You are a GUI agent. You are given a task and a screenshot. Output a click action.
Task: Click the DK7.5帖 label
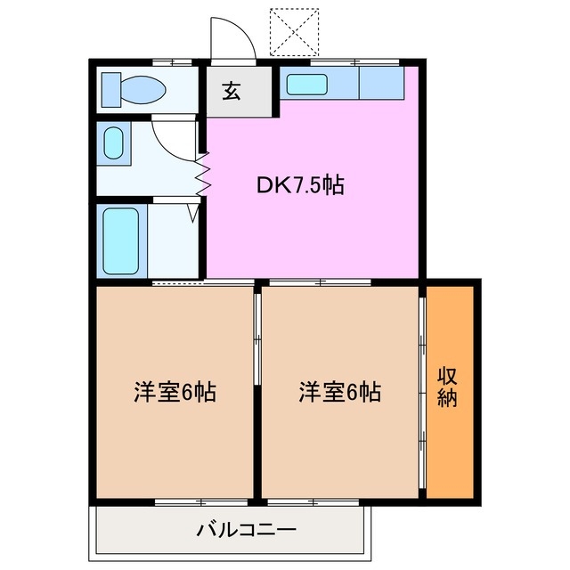[301, 185]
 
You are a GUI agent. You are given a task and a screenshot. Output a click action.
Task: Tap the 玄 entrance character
[232, 92]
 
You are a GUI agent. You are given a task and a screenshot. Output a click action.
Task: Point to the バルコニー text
[246, 531]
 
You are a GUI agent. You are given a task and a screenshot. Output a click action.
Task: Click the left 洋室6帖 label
[175, 392]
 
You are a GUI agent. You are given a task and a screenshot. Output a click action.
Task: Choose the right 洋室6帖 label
[339, 392]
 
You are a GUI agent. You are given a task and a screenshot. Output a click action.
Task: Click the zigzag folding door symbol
[203, 174]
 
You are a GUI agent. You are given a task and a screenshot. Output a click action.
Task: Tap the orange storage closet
[452, 392]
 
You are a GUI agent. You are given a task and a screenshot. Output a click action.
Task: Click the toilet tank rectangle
[110, 89]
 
